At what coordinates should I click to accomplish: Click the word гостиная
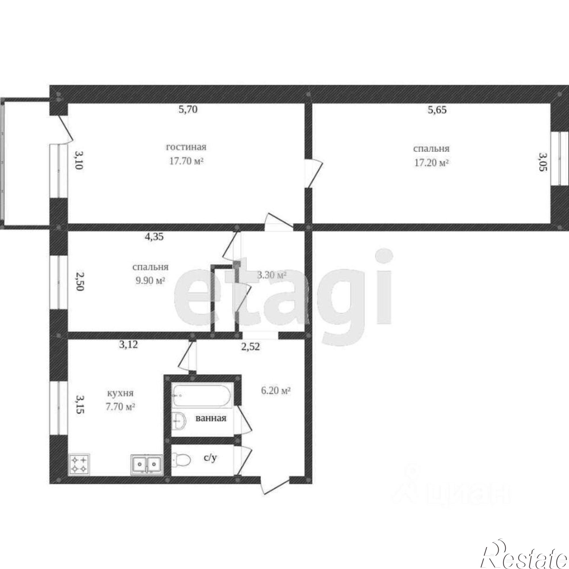tap(186, 147)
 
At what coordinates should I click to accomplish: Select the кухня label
tap(120, 393)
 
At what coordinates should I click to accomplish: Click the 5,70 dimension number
tap(188, 110)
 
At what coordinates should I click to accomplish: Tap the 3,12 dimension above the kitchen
tap(128, 345)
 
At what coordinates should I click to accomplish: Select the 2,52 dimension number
tap(251, 347)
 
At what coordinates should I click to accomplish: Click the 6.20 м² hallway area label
tap(276, 391)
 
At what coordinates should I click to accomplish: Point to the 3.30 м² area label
tap(271, 275)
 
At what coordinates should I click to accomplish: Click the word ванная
tap(211, 418)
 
